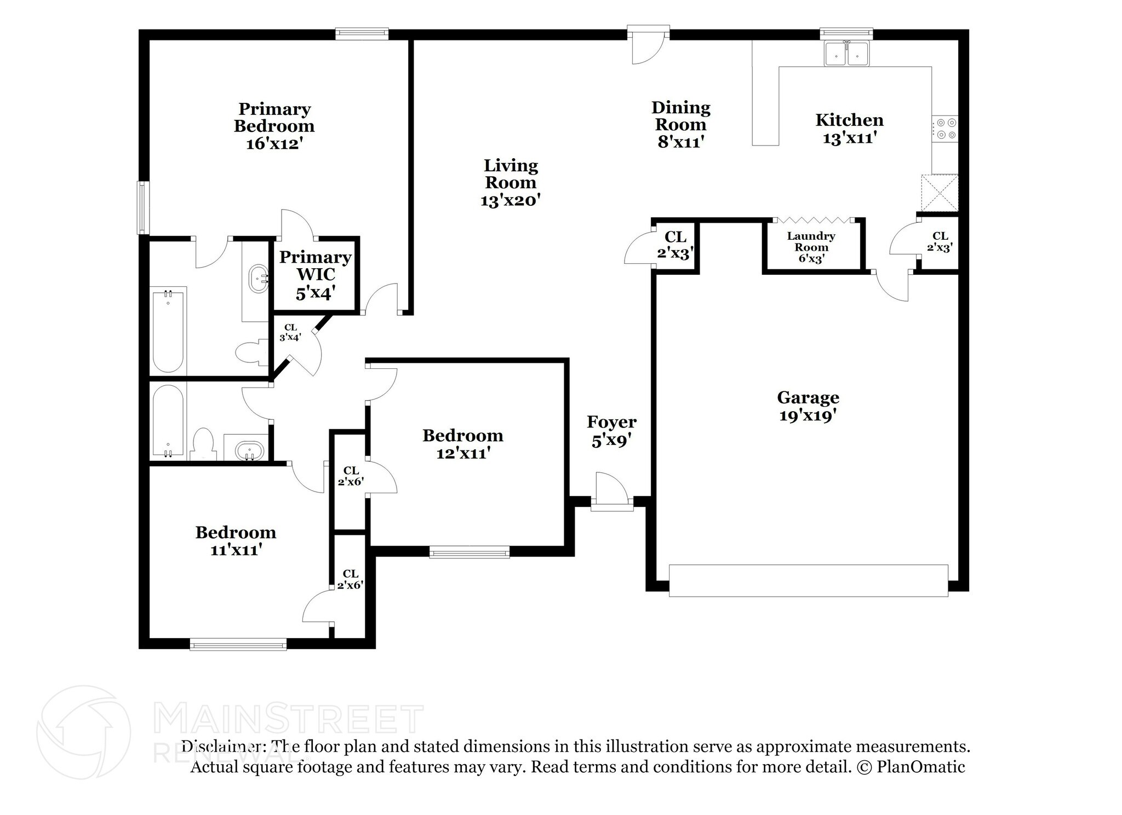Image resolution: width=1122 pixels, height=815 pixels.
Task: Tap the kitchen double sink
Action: click(x=846, y=54)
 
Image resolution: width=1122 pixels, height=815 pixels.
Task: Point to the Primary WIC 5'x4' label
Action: click(x=316, y=275)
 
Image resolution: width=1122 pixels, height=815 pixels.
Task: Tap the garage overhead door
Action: click(x=808, y=580)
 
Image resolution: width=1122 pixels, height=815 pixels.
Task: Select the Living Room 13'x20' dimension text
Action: click(x=511, y=201)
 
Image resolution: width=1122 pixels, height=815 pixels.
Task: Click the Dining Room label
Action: click(x=680, y=116)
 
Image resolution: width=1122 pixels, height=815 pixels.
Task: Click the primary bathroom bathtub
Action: click(x=168, y=331)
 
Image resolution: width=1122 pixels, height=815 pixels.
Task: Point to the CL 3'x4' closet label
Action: click(x=290, y=332)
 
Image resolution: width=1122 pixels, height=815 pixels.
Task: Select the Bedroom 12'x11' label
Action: click(x=462, y=444)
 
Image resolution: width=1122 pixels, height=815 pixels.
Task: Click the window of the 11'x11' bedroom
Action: click(x=238, y=644)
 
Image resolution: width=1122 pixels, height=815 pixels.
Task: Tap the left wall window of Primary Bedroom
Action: click(x=143, y=208)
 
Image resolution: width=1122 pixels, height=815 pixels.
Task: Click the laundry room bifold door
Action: click(x=814, y=220)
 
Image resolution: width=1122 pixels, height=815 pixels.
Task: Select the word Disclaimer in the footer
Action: click(x=220, y=747)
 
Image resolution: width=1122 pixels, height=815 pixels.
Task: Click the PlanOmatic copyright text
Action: click(x=911, y=767)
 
